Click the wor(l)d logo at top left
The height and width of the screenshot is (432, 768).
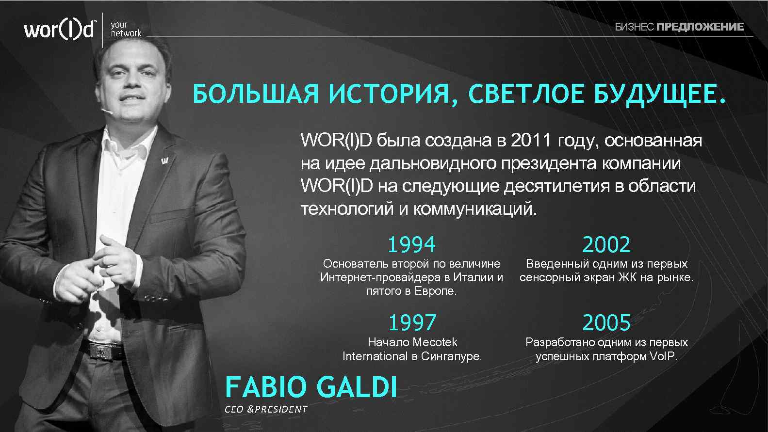60,30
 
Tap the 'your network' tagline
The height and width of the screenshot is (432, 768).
125,29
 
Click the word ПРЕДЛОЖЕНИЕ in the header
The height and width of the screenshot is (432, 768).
700,27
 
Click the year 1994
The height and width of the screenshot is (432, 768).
411,245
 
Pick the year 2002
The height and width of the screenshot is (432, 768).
606,245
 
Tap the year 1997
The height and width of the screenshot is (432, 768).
412,323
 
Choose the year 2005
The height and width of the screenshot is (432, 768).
606,323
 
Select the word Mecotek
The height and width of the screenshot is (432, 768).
435,342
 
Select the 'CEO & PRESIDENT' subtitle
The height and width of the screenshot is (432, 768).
266,409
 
